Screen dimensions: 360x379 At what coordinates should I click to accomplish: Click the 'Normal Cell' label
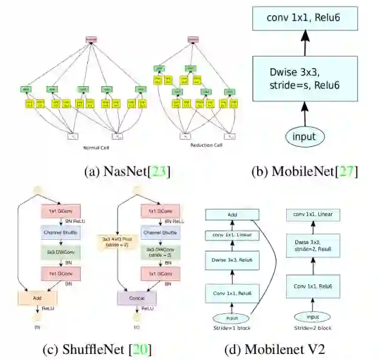pos(97,147)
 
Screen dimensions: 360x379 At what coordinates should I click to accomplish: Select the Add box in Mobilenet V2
pos(232,214)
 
